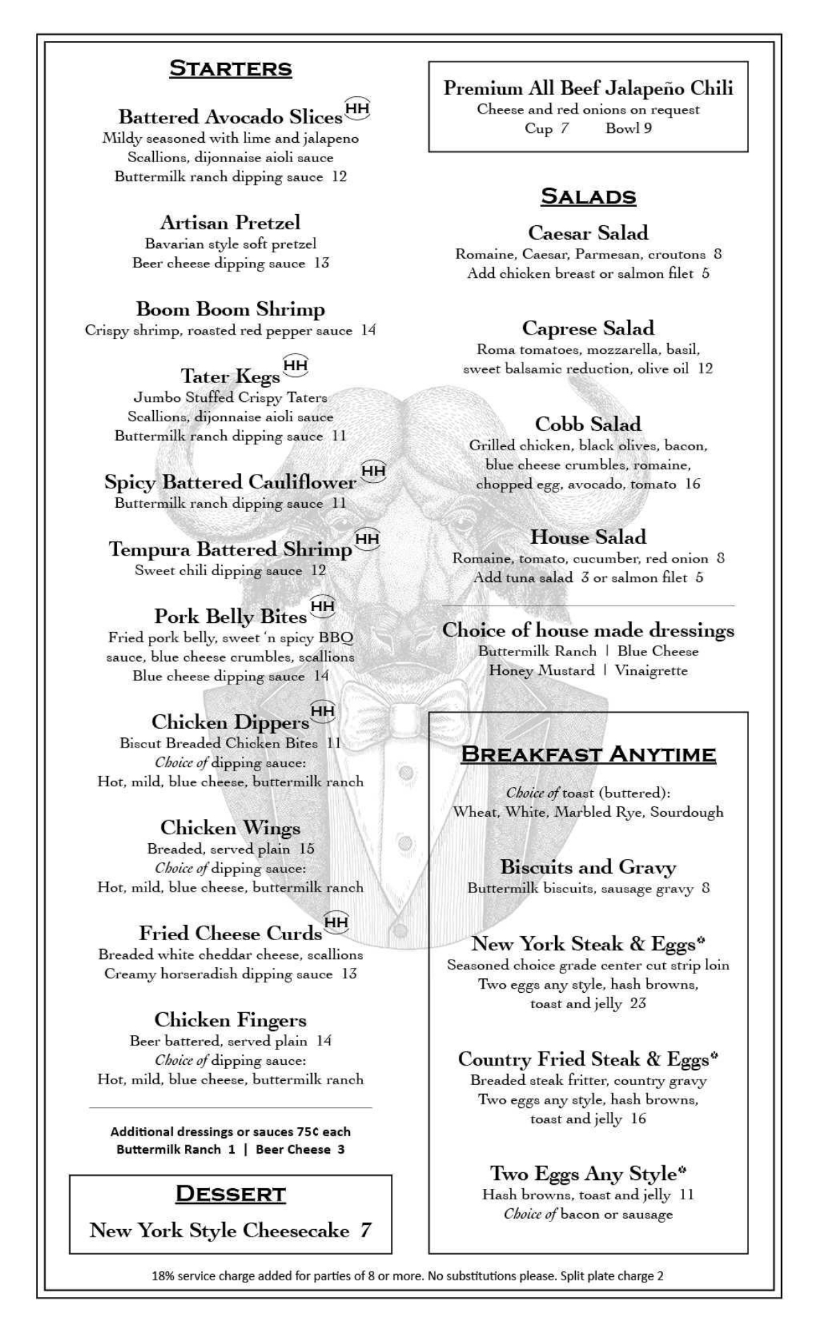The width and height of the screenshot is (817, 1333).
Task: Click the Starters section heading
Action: tap(231, 69)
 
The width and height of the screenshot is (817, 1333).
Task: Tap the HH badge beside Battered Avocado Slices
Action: tap(358, 108)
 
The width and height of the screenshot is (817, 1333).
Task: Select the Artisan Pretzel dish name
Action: tap(230, 222)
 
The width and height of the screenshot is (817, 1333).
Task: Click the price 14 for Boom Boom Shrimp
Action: tap(368, 330)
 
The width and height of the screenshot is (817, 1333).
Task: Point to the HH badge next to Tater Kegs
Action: tap(296, 365)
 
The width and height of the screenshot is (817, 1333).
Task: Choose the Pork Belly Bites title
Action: tap(230, 616)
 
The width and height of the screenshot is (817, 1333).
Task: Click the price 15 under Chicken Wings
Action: tap(306, 849)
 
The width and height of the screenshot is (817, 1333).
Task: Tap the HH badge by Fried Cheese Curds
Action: tap(336, 922)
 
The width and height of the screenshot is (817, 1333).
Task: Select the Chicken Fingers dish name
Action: tap(230, 1020)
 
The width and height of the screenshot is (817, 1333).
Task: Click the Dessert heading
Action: tap(231, 1194)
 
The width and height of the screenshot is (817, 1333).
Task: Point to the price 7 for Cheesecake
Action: tap(365, 1230)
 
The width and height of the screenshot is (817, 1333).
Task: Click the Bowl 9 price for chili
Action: tap(629, 128)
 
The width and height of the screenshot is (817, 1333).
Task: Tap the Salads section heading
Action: tap(588, 196)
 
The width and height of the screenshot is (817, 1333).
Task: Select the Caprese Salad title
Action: tap(588, 328)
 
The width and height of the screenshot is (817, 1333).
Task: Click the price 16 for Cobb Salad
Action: tap(693, 484)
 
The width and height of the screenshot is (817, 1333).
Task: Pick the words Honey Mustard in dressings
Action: tap(542, 671)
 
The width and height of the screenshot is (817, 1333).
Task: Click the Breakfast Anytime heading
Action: tap(588, 754)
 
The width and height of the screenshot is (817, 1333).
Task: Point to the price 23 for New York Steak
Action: tap(638, 1004)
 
